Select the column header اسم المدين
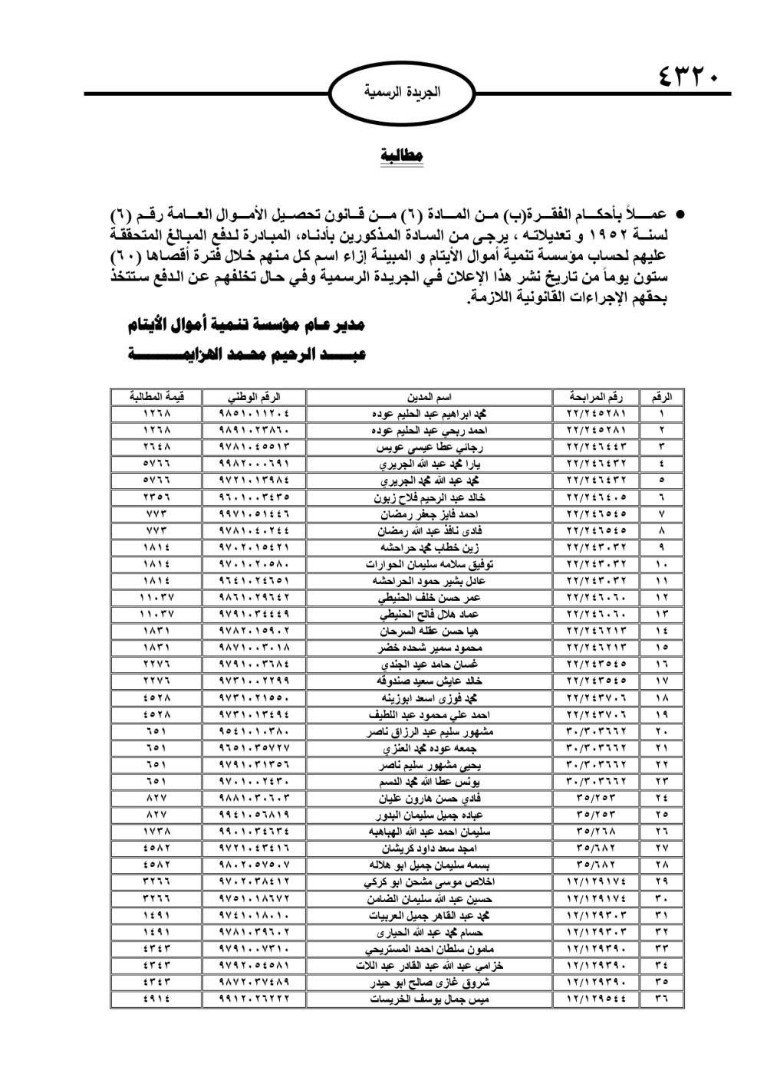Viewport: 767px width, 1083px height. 429,397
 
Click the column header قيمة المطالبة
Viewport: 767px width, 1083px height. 156,397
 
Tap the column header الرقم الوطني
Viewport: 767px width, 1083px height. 255,397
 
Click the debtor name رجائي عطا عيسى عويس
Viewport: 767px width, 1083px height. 429,447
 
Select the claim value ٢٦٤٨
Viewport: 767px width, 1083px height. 156,447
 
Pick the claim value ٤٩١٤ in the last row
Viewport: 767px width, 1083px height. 156,999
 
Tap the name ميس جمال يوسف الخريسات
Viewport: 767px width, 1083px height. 429,999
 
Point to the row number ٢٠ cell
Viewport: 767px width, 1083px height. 661,731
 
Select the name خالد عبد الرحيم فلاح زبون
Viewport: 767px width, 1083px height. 429,497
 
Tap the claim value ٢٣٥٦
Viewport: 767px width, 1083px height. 156,497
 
